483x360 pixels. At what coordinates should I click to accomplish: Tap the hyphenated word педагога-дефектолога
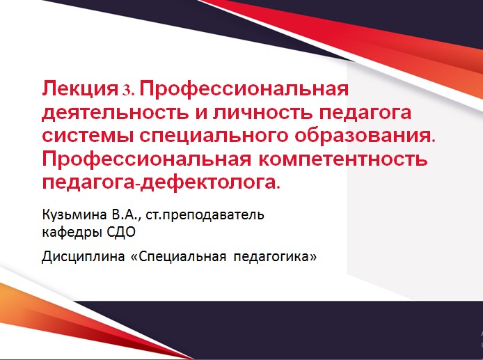pyautogui.click(x=161, y=182)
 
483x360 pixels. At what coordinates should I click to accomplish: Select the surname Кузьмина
pyautogui.click(x=72, y=214)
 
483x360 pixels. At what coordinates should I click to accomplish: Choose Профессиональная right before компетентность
pyautogui.click(x=149, y=159)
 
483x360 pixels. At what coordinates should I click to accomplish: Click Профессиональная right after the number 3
pyautogui.click(x=244, y=90)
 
